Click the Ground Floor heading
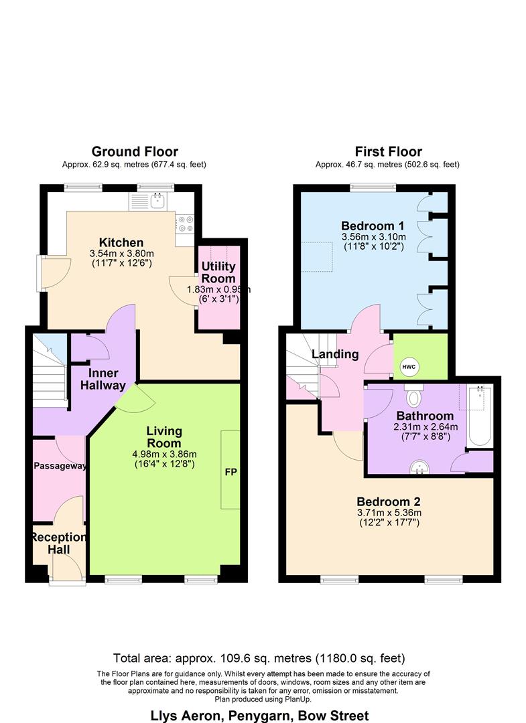coord(135,151)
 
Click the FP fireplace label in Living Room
coord(230,471)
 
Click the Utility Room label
coord(218,272)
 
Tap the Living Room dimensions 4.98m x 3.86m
coord(163,454)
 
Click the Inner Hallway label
coord(103,379)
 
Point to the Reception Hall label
coord(58,543)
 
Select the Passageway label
coord(59,466)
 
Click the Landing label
coord(334,354)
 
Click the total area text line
coord(259,658)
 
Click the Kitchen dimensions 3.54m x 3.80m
coord(121,254)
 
